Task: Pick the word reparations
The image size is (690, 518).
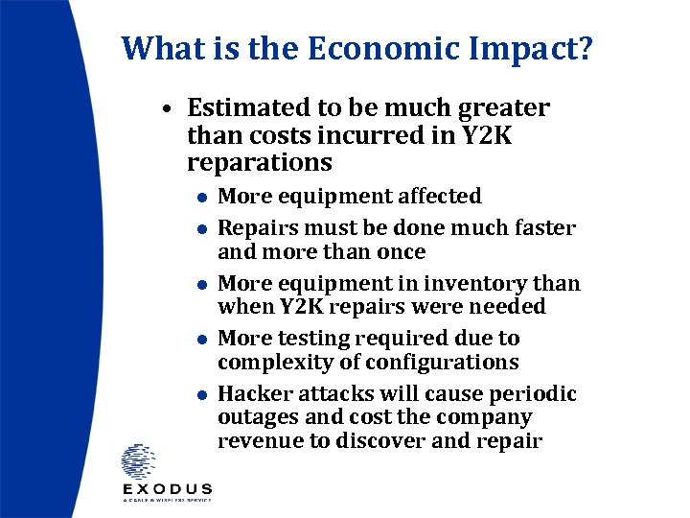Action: tap(259, 163)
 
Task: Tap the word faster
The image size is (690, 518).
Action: tap(542, 228)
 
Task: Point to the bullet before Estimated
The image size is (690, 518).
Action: tap(167, 109)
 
